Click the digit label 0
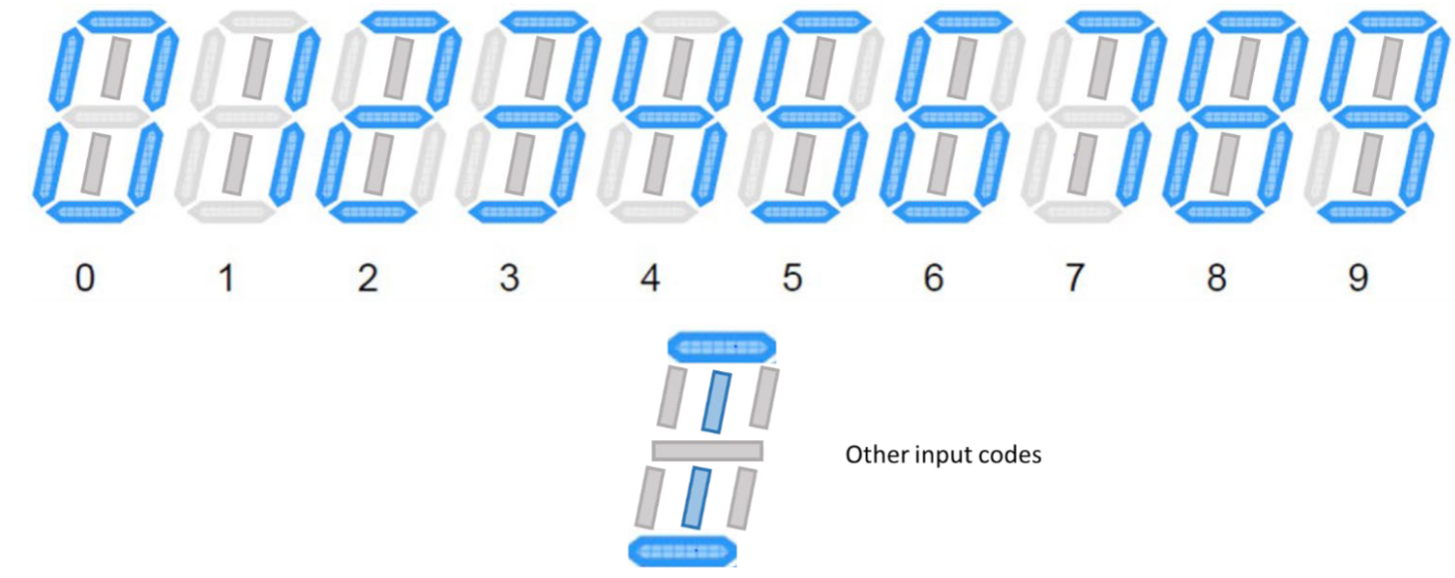tap(86, 280)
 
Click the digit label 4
tap(650, 280)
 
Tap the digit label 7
tap(1075, 280)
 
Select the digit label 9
tap(1357, 280)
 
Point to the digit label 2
tap(367, 280)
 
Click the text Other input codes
tap(943, 456)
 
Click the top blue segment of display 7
tap(1111, 21)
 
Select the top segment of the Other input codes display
tap(722, 347)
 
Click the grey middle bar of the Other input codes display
tap(707, 451)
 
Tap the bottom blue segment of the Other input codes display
tap(683, 550)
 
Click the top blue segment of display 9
tap(1394, 21)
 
